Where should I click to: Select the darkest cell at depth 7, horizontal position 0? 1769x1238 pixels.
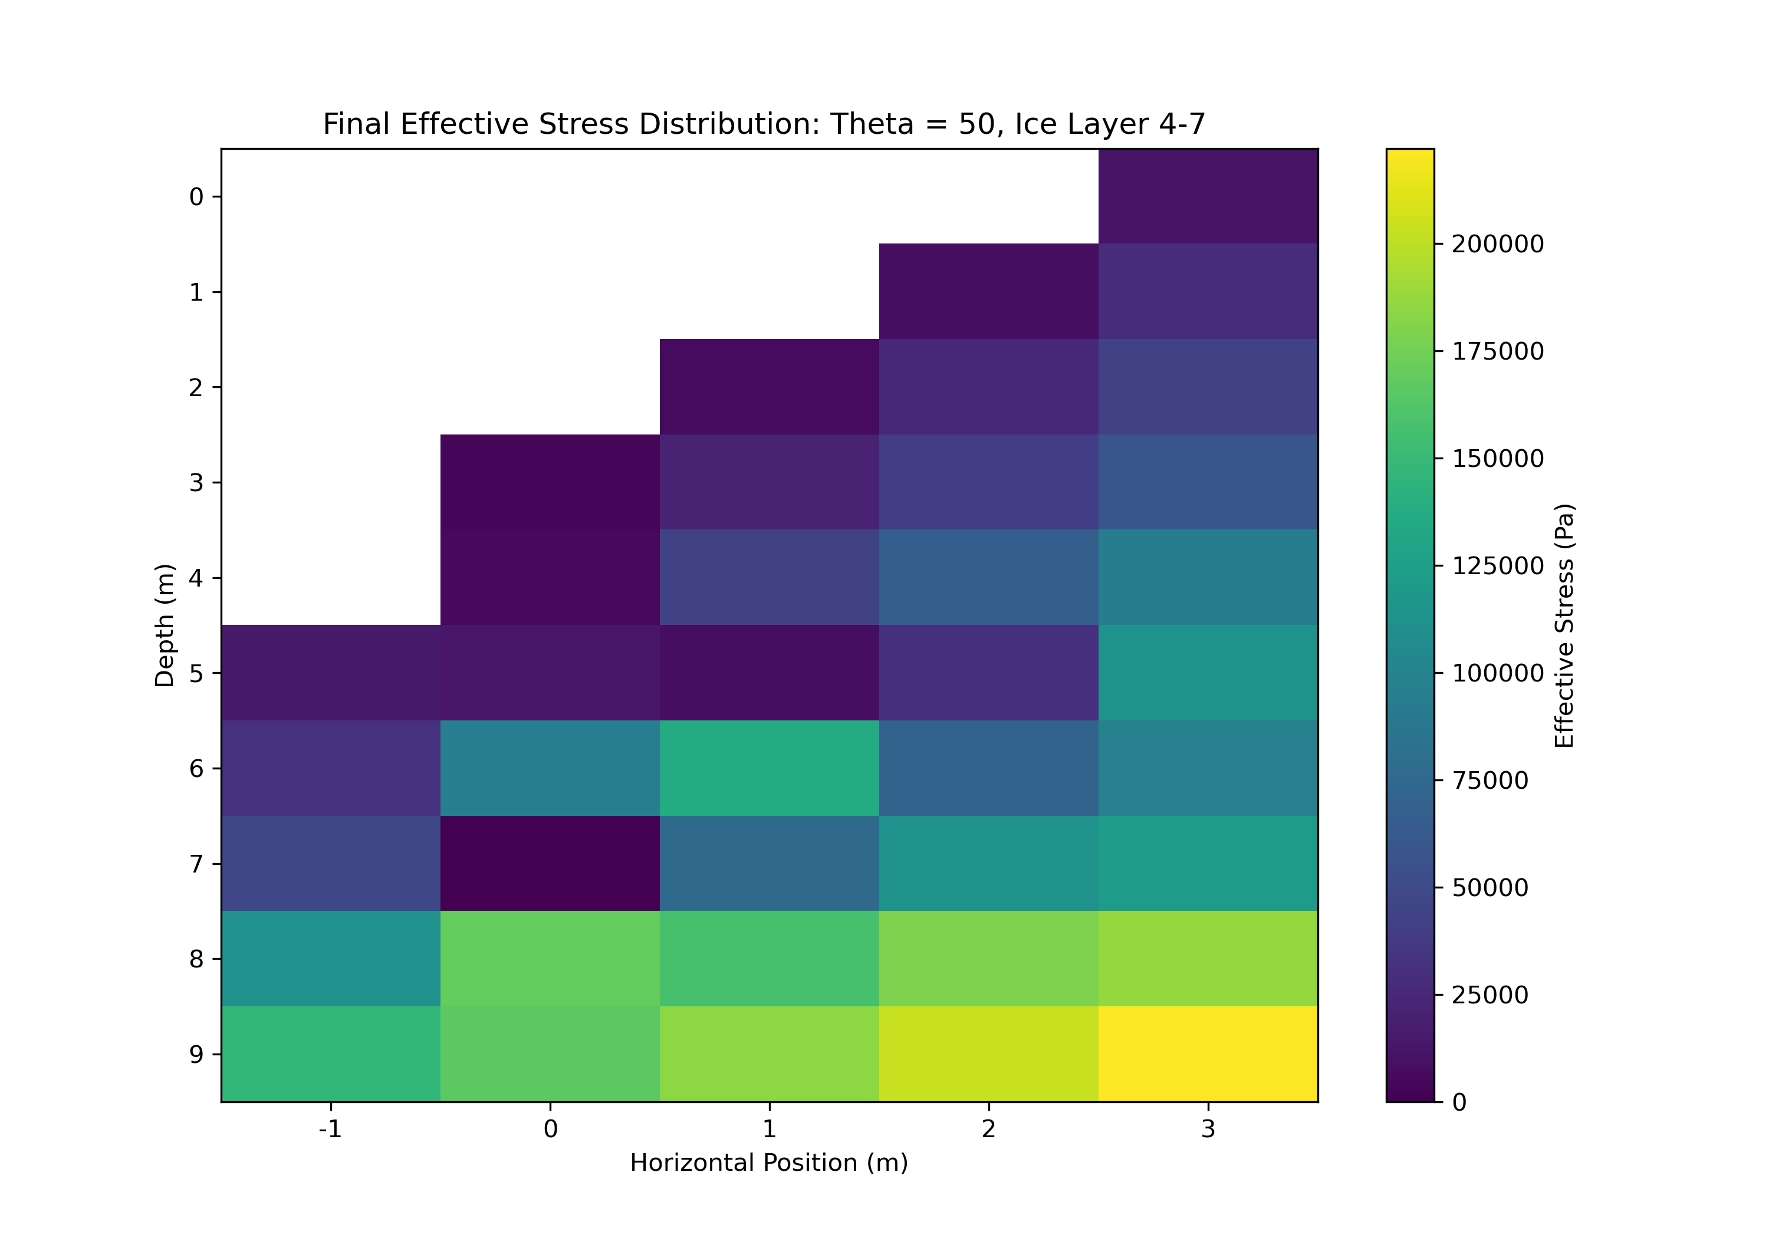550,863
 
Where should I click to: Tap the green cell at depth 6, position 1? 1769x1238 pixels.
769,768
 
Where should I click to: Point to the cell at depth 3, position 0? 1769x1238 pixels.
550,482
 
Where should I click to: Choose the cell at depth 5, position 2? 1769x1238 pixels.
988,672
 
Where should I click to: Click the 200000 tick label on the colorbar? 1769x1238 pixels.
1497,244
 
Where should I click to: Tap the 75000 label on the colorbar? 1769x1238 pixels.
1489,781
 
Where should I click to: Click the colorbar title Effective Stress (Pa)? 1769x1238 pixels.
1563,625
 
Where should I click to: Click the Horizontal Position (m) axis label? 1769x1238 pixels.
769,1163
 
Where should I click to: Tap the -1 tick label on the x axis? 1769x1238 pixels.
331,1130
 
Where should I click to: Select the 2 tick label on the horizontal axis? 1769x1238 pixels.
988,1130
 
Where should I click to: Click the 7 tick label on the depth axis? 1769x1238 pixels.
196,864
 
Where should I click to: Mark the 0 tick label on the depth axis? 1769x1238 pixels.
196,197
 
